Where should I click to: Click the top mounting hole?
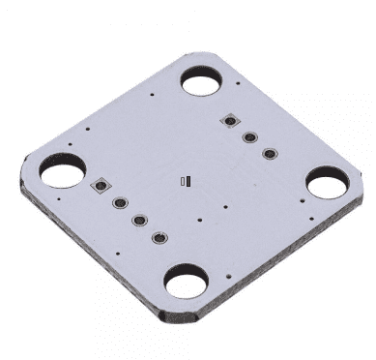[202, 81]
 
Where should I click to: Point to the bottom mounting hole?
[184, 284]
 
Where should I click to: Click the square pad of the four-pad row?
[101, 185]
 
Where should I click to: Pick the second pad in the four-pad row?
[121, 204]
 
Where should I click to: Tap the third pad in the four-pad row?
[139, 221]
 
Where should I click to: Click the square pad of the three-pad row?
[230, 121]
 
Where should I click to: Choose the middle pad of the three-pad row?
[249, 136]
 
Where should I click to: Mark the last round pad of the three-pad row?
[269, 153]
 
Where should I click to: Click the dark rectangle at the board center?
[191, 179]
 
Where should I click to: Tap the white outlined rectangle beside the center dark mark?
[184, 180]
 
